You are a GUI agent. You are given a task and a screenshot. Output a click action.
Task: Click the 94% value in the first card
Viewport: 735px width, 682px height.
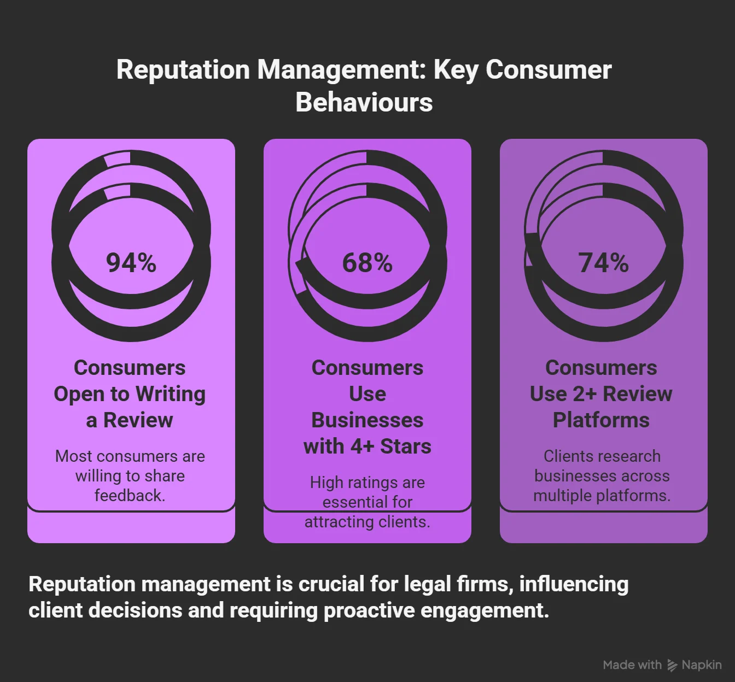[131, 263]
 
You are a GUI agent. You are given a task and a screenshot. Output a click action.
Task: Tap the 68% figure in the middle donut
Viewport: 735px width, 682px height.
[367, 263]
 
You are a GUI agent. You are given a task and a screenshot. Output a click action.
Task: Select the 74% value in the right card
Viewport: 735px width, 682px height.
[603, 263]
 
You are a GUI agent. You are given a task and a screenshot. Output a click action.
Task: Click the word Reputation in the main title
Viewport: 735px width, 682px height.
[183, 70]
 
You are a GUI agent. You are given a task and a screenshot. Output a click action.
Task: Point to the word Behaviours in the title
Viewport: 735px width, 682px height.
[364, 102]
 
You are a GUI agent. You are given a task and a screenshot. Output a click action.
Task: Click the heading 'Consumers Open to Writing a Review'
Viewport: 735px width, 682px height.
[130, 393]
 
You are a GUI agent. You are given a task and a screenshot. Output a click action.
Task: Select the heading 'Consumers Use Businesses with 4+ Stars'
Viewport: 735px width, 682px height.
[367, 407]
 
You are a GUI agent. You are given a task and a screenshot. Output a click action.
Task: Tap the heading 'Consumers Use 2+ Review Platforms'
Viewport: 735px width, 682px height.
[601, 393]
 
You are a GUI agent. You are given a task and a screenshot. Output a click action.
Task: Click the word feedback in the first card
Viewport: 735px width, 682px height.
[130, 496]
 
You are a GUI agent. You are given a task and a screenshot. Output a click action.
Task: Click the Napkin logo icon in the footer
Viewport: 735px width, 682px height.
[672, 665]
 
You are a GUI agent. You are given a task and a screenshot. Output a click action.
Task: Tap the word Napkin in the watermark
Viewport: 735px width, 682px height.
[702, 665]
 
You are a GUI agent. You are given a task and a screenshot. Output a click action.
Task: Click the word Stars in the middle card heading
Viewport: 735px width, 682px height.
[406, 446]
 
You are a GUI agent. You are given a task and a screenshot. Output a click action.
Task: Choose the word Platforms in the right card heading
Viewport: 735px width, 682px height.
[601, 420]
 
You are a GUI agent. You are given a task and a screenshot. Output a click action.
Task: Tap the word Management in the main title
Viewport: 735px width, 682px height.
[342, 70]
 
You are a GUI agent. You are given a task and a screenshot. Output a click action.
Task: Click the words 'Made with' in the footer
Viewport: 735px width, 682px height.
[632, 665]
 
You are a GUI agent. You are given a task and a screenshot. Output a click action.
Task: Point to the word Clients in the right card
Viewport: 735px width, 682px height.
[567, 456]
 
